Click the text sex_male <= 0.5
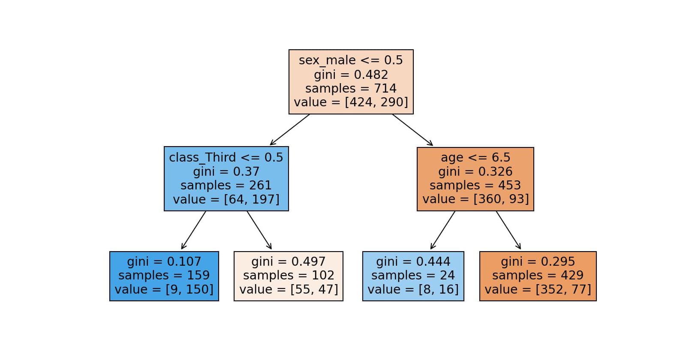[x=351, y=60]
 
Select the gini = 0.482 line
[x=351, y=75]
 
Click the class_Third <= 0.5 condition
[x=226, y=158]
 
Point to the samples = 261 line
[x=226, y=185]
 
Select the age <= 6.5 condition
[x=475, y=158]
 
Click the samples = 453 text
[x=475, y=185]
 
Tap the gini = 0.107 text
[x=164, y=261]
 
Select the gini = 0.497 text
[x=288, y=261]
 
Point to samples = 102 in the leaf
[x=288, y=275]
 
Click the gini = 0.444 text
[x=413, y=261]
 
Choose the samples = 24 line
[x=413, y=275]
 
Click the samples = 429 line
[x=538, y=275]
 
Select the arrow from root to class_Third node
[x=290, y=129]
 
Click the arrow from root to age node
[x=412, y=129]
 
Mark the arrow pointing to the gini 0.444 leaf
[x=443, y=230]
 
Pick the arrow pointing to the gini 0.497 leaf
[x=259, y=230]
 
